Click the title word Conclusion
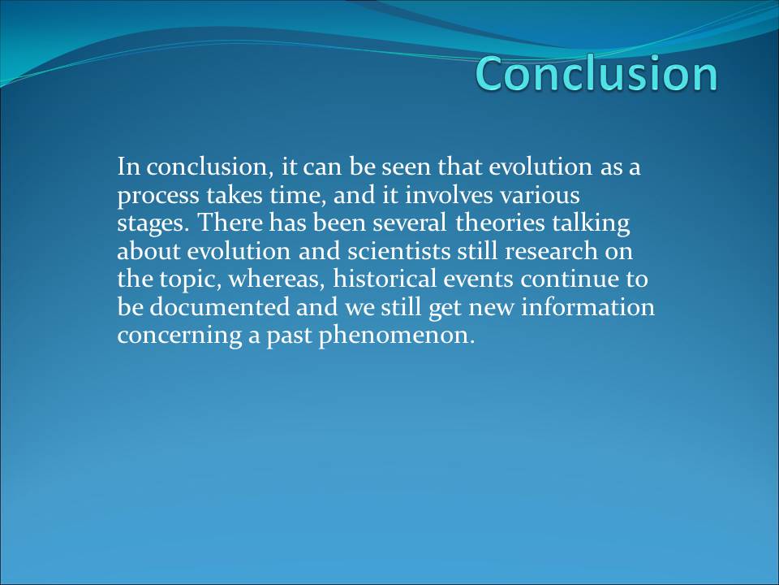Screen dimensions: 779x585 coord(596,73)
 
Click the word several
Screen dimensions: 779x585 coord(409,223)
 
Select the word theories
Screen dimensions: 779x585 coord(501,223)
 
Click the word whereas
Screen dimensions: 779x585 coord(276,279)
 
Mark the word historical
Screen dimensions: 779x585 coord(384,279)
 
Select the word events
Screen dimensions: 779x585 coord(478,279)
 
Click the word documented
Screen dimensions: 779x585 coord(219,306)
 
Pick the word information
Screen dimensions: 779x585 coord(587,306)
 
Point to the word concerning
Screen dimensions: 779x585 coord(179,336)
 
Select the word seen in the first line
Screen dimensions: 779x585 coord(406,167)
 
